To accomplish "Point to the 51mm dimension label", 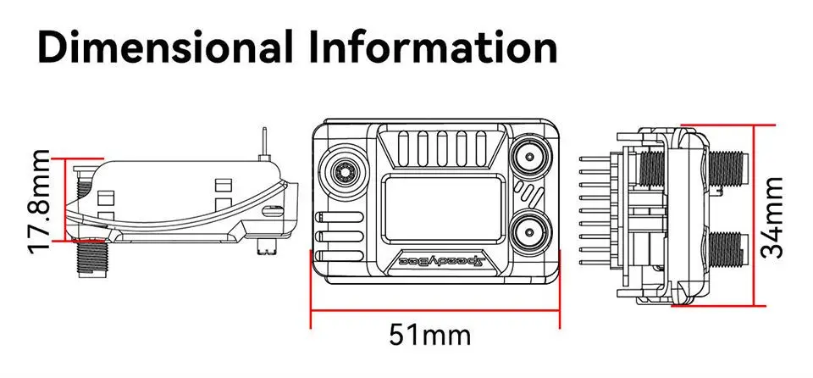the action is (429, 334).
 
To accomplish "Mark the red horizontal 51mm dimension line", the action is (435, 309).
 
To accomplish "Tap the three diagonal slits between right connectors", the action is (531, 194).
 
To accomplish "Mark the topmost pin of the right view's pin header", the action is (592, 159).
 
